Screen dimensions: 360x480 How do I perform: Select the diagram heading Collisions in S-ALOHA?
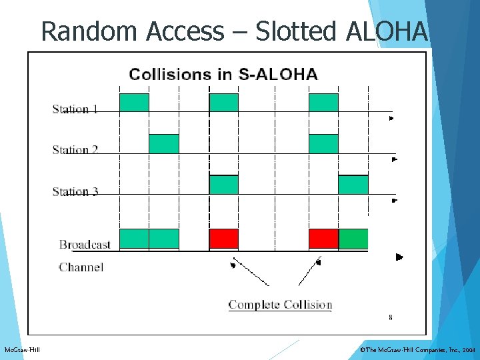click(x=223, y=74)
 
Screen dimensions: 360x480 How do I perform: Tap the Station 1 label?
click(x=75, y=109)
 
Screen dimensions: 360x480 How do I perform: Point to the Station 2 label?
click(x=75, y=150)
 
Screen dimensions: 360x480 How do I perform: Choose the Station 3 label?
click(x=75, y=192)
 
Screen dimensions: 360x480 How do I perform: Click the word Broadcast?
click(x=85, y=245)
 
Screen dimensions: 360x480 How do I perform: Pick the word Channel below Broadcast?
click(x=81, y=267)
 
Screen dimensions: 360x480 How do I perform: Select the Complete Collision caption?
click(x=280, y=305)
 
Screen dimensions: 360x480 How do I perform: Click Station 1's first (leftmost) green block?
click(x=133, y=103)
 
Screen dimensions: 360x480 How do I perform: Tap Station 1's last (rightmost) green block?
click(x=323, y=103)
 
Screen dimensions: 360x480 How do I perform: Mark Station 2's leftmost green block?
click(x=163, y=144)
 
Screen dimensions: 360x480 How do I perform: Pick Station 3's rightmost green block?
click(x=353, y=185)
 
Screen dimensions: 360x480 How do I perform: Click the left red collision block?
click(x=223, y=239)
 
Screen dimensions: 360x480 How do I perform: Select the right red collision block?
click(x=323, y=239)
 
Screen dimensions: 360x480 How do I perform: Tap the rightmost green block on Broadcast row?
click(x=353, y=239)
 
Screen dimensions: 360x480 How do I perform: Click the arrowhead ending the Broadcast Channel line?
click(x=399, y=257)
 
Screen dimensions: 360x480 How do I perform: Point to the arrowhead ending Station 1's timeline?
click(x=392, y=118)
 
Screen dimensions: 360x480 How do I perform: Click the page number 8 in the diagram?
click(x=390, y=317)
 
